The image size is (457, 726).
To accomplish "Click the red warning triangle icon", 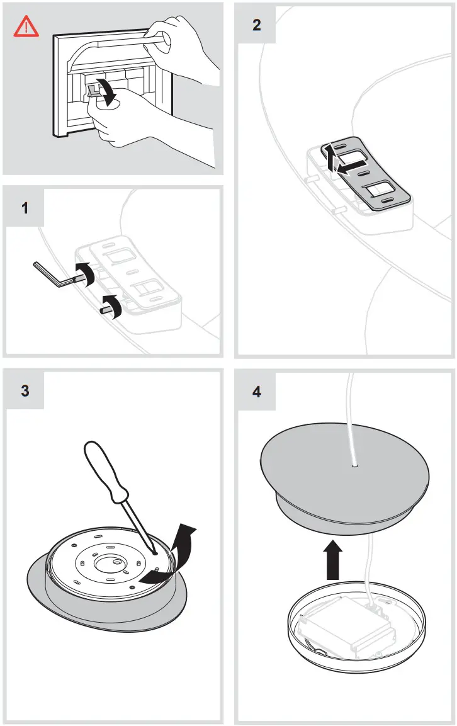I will click(26, 26).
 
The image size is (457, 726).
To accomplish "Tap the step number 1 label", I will click(25, 207).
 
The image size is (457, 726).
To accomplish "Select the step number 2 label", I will click(256, 25).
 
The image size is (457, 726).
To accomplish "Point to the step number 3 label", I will click(25, 390).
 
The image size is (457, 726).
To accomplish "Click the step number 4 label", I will click(256, 391).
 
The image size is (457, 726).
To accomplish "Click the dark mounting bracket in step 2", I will click(368, 173).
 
